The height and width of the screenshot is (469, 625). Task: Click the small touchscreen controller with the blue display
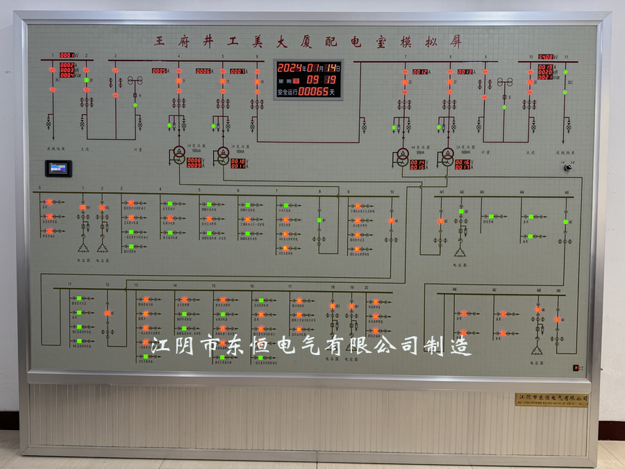tap(58, 168)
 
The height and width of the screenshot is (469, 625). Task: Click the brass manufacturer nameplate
tap(553, 399)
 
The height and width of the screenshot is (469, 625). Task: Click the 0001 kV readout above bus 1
tap(67, 55)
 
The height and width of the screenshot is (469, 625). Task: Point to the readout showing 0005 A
tap(160, 71)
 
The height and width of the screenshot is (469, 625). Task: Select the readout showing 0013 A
tap(465, 72)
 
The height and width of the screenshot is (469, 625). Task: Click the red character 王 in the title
tap(161, 41)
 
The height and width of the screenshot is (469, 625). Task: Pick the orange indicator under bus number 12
tap(108, 313)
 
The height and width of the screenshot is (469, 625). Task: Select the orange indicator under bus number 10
tap(392, 220)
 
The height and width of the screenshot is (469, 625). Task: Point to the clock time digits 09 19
tap(322, 79)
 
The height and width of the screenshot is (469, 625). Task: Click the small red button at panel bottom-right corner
tap(576, 368)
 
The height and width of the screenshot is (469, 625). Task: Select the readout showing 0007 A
tap(237, 71)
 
